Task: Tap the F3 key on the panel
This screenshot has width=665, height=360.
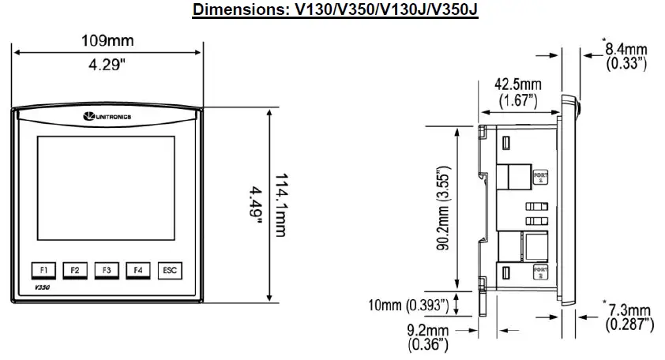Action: (x=106, y=270)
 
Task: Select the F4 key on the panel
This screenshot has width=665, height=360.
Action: (x=137, y=270)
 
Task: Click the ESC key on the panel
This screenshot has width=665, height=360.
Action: (x=169, y=270)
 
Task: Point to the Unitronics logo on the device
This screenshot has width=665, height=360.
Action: (x=107, y=118)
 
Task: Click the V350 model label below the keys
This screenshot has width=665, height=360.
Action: (x=43, y=289)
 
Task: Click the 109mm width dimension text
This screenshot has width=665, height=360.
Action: (x=107, y=39)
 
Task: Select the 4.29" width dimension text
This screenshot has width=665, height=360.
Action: (x=107, y=66)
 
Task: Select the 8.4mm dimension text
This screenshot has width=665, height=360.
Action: (x=627, y=50)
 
